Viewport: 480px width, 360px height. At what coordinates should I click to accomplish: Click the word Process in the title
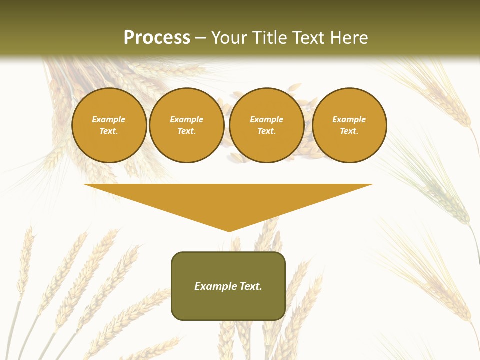157,38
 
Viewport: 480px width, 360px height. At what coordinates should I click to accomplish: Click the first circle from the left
109,125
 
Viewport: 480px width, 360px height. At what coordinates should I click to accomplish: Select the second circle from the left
186,125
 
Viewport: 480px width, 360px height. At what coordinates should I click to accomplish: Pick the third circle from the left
266,125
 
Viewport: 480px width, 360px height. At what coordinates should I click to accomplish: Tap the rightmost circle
349,125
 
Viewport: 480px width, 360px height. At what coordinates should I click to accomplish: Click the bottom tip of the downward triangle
229,231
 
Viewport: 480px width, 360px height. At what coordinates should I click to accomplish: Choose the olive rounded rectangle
228,286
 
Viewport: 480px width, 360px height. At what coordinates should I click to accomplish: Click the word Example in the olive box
216,286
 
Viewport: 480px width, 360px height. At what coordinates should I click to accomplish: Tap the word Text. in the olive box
251,286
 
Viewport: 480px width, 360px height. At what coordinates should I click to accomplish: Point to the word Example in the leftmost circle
109,119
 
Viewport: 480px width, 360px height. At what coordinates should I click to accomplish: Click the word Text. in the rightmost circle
349,131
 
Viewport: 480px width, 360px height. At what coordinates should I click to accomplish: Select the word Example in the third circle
266,119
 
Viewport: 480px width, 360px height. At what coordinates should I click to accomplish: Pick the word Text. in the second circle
186,131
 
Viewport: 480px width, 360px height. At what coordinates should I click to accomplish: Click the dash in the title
201,38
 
